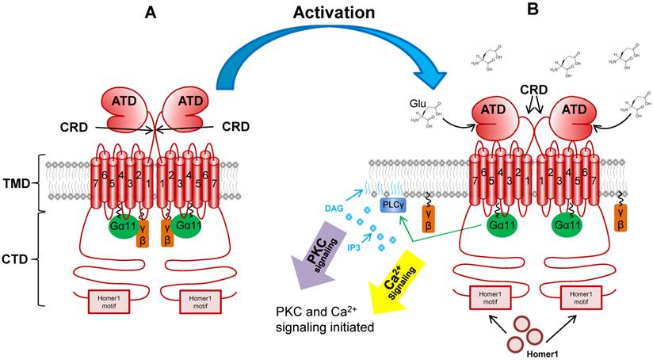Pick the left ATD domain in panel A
(x=124, y=105)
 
